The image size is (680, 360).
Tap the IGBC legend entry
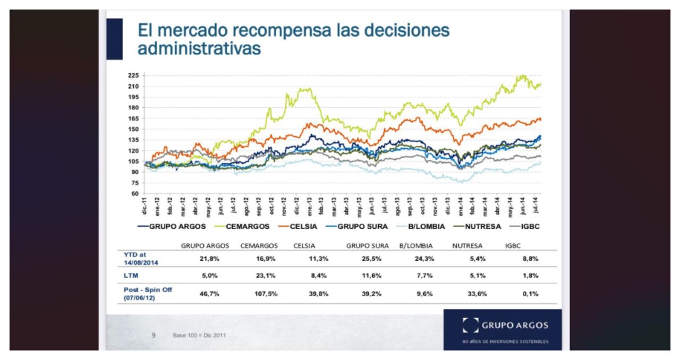(x=530, y=226)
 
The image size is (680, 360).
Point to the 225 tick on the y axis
(x=133, y=75)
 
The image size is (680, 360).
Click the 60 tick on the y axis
(x=135, y=193)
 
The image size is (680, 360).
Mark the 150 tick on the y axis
(x=133, y=129)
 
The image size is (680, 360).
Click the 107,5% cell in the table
(x=266, y=294)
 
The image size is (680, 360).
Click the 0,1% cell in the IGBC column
(x=530, y=294)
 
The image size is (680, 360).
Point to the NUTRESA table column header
(x=467, y=246)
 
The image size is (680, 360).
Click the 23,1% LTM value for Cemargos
(x=266, y=276)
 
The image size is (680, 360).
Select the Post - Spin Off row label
(x=148, y=294)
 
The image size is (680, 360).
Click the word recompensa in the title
(x=271, y=30)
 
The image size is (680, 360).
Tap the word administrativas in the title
(x=199, y=48)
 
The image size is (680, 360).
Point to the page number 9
(x=154, y=335)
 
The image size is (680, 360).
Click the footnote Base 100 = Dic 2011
(x=199, y=336)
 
